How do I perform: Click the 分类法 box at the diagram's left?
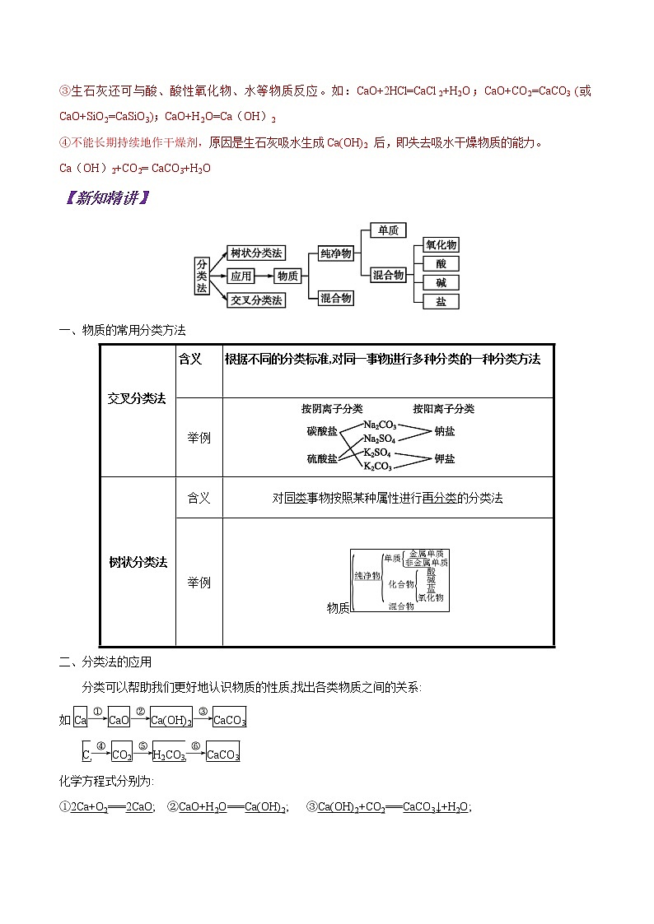point(202,275)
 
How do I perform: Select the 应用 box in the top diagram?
point(240,276)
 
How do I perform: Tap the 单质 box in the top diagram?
point(387,231)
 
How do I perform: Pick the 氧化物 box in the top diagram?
point(441,245)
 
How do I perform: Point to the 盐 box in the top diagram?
point(441,302)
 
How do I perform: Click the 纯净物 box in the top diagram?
point(335,254)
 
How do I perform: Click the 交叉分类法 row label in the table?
point(138,398)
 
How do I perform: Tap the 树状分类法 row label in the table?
point(138,563)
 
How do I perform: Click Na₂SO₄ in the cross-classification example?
point(380,440)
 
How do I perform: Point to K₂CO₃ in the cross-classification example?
point(378,467)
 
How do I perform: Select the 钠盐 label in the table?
point(444,432)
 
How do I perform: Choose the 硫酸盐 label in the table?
point(321,459)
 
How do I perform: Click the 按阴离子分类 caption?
point(331,409)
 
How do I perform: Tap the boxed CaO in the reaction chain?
point(119,720)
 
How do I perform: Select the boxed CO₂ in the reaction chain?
point(121,754)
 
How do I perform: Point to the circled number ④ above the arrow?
point(100,745)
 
